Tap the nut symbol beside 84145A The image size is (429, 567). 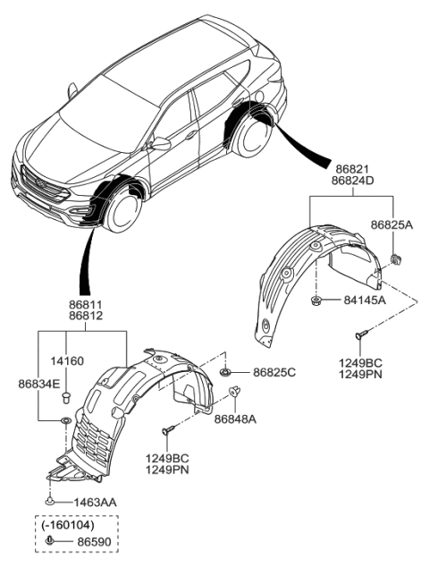(319, 300)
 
